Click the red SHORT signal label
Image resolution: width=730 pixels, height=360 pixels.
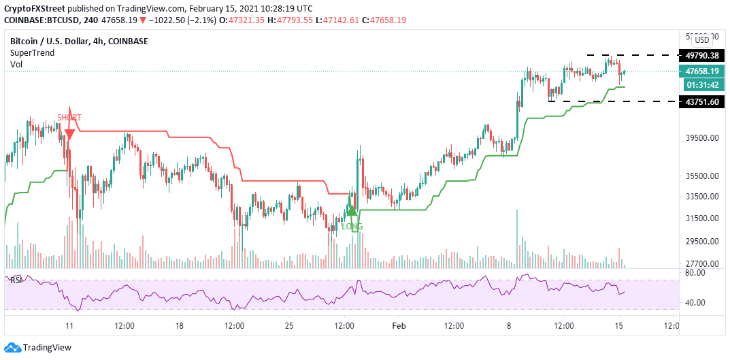coord(69,117)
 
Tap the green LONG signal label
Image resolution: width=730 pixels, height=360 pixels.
coord(352,226)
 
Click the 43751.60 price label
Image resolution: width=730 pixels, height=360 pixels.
coord(702,101)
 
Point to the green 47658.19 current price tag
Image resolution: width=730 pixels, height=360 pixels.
coord(702,71)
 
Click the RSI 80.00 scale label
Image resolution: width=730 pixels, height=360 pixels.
coord(695,273)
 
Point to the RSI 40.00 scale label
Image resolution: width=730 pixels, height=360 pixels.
coord(695,303)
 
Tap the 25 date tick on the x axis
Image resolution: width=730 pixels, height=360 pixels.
coord(289,326)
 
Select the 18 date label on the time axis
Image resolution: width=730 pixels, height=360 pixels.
coord(179,326)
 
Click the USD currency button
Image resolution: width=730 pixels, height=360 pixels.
coord(701,40)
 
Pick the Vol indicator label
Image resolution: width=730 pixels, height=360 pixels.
coord(16,65)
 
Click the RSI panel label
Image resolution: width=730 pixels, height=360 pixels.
coord(16,280)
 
